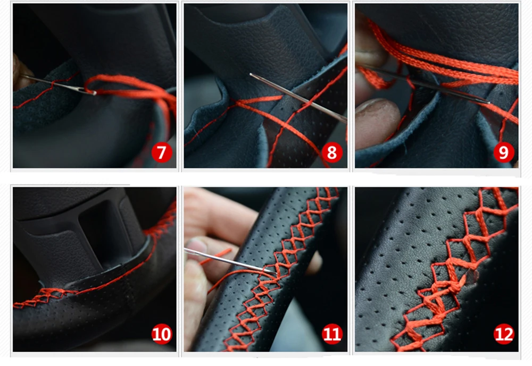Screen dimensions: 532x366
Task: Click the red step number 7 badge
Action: pyautogui.click(x=162, y=152)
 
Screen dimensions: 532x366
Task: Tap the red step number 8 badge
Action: pyautogui.click(x=332, y=152)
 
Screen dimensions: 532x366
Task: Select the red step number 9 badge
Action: pyautogui.click(x=503, y=152)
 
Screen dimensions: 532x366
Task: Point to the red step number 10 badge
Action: pyautogui.click(x=162, y=334)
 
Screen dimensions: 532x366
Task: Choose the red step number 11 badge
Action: pyautogui.click(x=332, y=334)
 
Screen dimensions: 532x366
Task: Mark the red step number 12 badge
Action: pyautogui.click(x=503, y=334)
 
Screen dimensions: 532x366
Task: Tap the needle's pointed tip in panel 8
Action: pyautogui.click(x=251, y=74)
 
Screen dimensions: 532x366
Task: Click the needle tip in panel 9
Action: pyautogui.click(x=489, y=103)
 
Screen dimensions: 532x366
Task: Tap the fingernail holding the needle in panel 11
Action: pyautogui.click(x=193, y=245)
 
